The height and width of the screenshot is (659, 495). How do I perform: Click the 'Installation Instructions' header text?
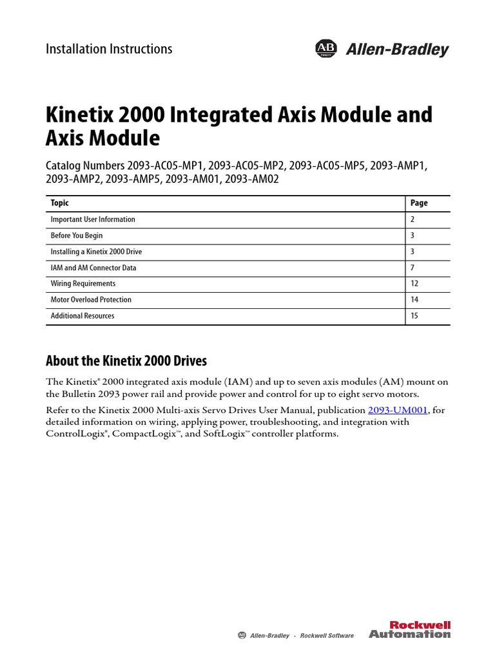click(x=109, y=49)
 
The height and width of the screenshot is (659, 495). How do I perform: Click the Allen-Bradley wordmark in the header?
click(x=398, y=50)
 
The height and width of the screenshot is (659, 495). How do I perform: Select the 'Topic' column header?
click(x=60, y=203)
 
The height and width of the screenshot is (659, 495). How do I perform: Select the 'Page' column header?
click(x=419, y=203)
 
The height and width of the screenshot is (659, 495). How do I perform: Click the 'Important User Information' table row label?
click(x=93, y=219)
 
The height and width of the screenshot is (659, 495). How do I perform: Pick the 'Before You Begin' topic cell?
click(x=77, y=236)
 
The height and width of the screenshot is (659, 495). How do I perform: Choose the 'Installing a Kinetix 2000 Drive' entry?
click(x=96, y=252)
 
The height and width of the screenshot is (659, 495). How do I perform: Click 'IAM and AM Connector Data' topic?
click(x=93, y=268)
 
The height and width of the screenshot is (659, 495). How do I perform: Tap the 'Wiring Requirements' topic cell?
click(x=83, y=283)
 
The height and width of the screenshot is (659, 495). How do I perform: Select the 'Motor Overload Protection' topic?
click(x=91, y=299)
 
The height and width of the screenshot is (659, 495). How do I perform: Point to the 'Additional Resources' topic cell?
click(x=82, y=316)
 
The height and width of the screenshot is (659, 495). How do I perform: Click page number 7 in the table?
click(x=413, y=268)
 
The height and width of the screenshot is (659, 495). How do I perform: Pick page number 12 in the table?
click(x=414, y=283)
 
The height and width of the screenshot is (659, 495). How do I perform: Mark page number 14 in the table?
click(x=414, y=299)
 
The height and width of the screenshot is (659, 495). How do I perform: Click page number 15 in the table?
click(x=414, y=316)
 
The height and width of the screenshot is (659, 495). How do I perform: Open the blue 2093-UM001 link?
click(x=397, y=410)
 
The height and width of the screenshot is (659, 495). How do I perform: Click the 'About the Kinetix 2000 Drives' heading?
click(x=126, y=360)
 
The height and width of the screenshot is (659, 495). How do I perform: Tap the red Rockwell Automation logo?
click(x=409, y=629)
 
